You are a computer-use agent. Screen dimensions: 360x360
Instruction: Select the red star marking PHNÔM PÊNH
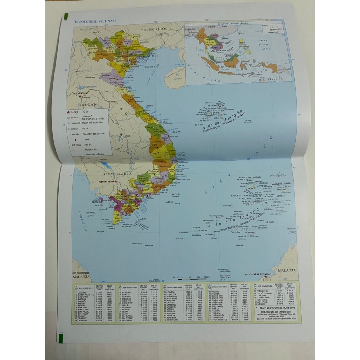coord(115,181)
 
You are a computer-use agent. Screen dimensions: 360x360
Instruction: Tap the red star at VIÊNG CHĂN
coord(81,96)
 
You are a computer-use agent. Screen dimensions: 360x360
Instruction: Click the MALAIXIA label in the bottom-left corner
coord(82,277)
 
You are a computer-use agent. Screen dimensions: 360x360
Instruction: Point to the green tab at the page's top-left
coord(66,17)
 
